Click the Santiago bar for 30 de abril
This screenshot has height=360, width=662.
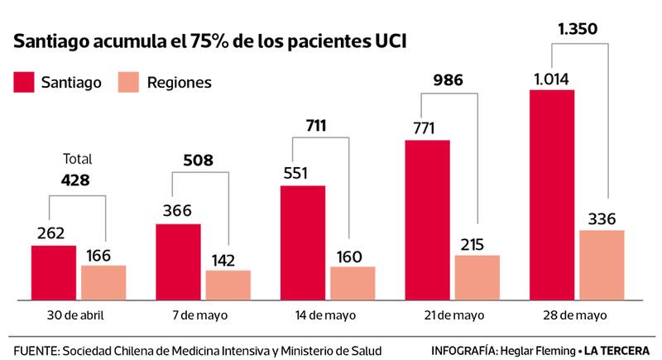point(54,272)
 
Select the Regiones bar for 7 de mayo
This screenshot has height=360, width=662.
point(228,285)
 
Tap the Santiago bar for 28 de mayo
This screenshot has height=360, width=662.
point(551,194)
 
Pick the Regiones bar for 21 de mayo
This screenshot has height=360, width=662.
point(477,277)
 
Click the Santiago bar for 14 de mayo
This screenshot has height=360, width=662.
point(303,242)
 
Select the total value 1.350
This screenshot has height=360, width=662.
point(578,30)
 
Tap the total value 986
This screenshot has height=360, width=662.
point(447,81)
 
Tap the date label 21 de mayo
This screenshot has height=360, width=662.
point(452,315)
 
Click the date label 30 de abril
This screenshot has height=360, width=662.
point(77,315)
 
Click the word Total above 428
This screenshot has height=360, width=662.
point(77,159)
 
